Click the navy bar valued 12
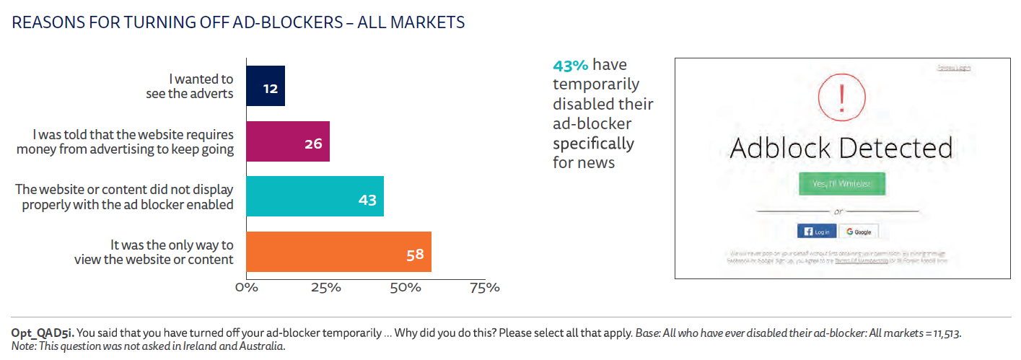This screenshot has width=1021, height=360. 266,86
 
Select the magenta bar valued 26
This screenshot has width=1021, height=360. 288,141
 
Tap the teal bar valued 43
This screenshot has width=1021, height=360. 315,196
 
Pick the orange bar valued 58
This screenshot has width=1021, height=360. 338,252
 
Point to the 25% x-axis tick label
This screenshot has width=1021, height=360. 325,288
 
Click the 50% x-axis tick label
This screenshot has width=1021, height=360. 405,288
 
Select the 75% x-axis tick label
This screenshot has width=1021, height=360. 484,288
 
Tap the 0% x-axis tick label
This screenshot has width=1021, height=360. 246,288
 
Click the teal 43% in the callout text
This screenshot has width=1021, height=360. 571,66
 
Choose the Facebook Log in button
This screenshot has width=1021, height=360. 817,232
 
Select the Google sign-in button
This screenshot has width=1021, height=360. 859,232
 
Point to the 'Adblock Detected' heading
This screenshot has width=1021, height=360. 841,148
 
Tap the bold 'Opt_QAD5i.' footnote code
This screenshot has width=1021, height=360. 42,333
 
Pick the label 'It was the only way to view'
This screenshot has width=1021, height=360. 154,252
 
